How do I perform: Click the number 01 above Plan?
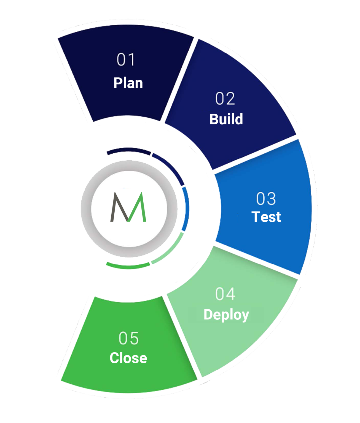[x=126, y=60]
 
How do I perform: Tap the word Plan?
[x=128, y=83]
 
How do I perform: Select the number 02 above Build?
[x=225, y=99]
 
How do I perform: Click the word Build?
[x=226, y=119]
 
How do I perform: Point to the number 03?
[x=266, y=199]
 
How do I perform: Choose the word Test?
[x=266, y=217]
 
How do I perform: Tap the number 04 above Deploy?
[x=225, y=294]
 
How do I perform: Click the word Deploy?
[x=226, y=314]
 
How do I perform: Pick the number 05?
[x=128, y=338]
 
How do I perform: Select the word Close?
[x=128, y=358]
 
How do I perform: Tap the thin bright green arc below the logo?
[x=128, y=266]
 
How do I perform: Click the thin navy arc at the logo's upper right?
[x=171, y=168]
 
